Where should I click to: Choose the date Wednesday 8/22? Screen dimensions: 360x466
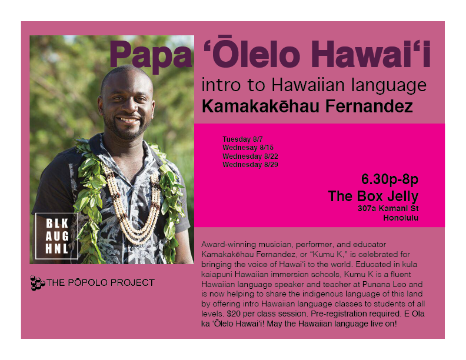click(250, 156)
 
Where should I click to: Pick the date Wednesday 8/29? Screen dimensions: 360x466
click(250, 165)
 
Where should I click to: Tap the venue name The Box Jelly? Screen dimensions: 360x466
click(373, 196)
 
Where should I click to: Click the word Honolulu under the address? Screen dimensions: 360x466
click(400, 218)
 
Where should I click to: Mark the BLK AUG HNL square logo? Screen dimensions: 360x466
click(56, 236)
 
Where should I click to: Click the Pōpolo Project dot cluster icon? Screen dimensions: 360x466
click(37, 283)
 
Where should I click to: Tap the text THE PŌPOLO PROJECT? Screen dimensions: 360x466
click(101, 283)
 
